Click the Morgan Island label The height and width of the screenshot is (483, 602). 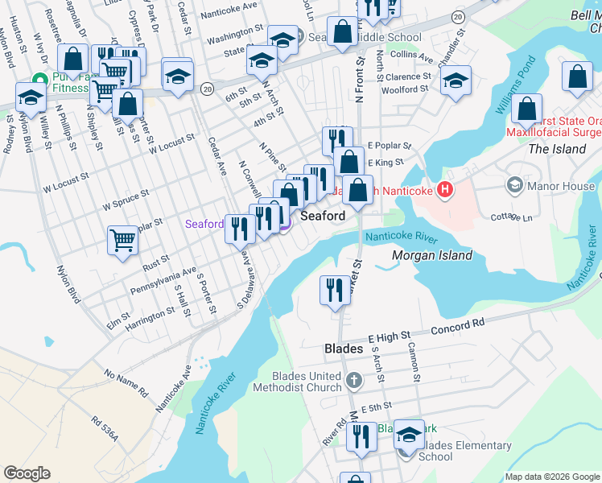pos(431,255)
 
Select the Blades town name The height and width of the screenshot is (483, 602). pos(344,349)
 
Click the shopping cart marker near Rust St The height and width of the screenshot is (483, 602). pos(122,239)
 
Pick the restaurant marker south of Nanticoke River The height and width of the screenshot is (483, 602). pos(335,289)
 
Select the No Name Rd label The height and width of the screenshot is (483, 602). pos(126,383)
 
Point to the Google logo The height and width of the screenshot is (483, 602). pos(27,473)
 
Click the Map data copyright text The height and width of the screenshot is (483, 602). pos(551,477)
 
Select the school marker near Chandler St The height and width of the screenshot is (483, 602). pos(456,80)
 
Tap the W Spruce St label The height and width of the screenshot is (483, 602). pos(126,200)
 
